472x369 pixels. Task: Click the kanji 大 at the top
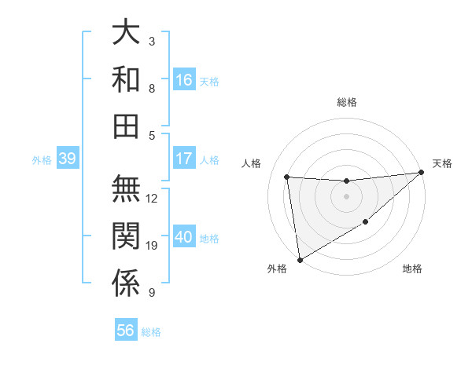[x=126, y=35]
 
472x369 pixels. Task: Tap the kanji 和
[x=126, y=80]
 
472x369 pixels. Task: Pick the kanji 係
[x=126, y=283]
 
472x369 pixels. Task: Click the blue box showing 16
[x=184, y=79]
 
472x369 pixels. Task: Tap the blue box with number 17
[x=184, y=159]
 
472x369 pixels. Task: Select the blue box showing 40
[x=184, y=238]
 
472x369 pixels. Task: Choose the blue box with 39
[x=67, y=159]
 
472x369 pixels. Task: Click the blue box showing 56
[x=126, y=331]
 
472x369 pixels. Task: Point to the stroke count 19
[x=152, y=246]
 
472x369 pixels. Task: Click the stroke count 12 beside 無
[x=152, y=199]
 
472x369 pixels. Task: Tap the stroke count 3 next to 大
[x=152, y=41]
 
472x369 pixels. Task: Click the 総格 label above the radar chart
[x=346, y=102]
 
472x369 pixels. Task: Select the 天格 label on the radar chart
[x=442, y=163]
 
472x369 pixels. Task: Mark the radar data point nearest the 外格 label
[x=300, y=260]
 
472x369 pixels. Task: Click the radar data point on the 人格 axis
[x=287, y=177]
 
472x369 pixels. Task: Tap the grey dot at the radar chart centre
[x=346, y=196]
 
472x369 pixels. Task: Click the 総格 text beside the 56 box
[x=151, y=331]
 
